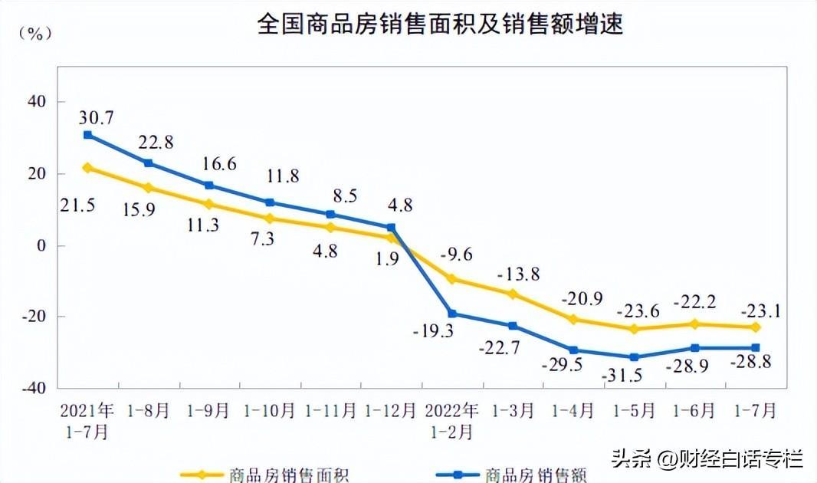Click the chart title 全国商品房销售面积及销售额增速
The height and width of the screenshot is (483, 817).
440,25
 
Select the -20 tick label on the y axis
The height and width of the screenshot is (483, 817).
31,317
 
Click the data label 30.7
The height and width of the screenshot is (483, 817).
96,117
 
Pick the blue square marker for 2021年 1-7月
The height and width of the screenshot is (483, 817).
87,135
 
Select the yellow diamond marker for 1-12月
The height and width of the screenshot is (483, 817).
391,238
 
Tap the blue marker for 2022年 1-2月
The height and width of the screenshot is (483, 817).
452,314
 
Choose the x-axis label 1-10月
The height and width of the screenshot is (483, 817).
269,410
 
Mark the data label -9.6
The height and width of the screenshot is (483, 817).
456,255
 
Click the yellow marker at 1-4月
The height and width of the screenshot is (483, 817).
573,319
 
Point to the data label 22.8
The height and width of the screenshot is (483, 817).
156,143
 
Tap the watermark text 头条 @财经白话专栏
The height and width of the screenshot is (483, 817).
707,459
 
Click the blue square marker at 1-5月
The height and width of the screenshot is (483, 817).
634,357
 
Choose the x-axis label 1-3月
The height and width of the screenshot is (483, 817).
512,410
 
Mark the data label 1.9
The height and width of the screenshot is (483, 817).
388,258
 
